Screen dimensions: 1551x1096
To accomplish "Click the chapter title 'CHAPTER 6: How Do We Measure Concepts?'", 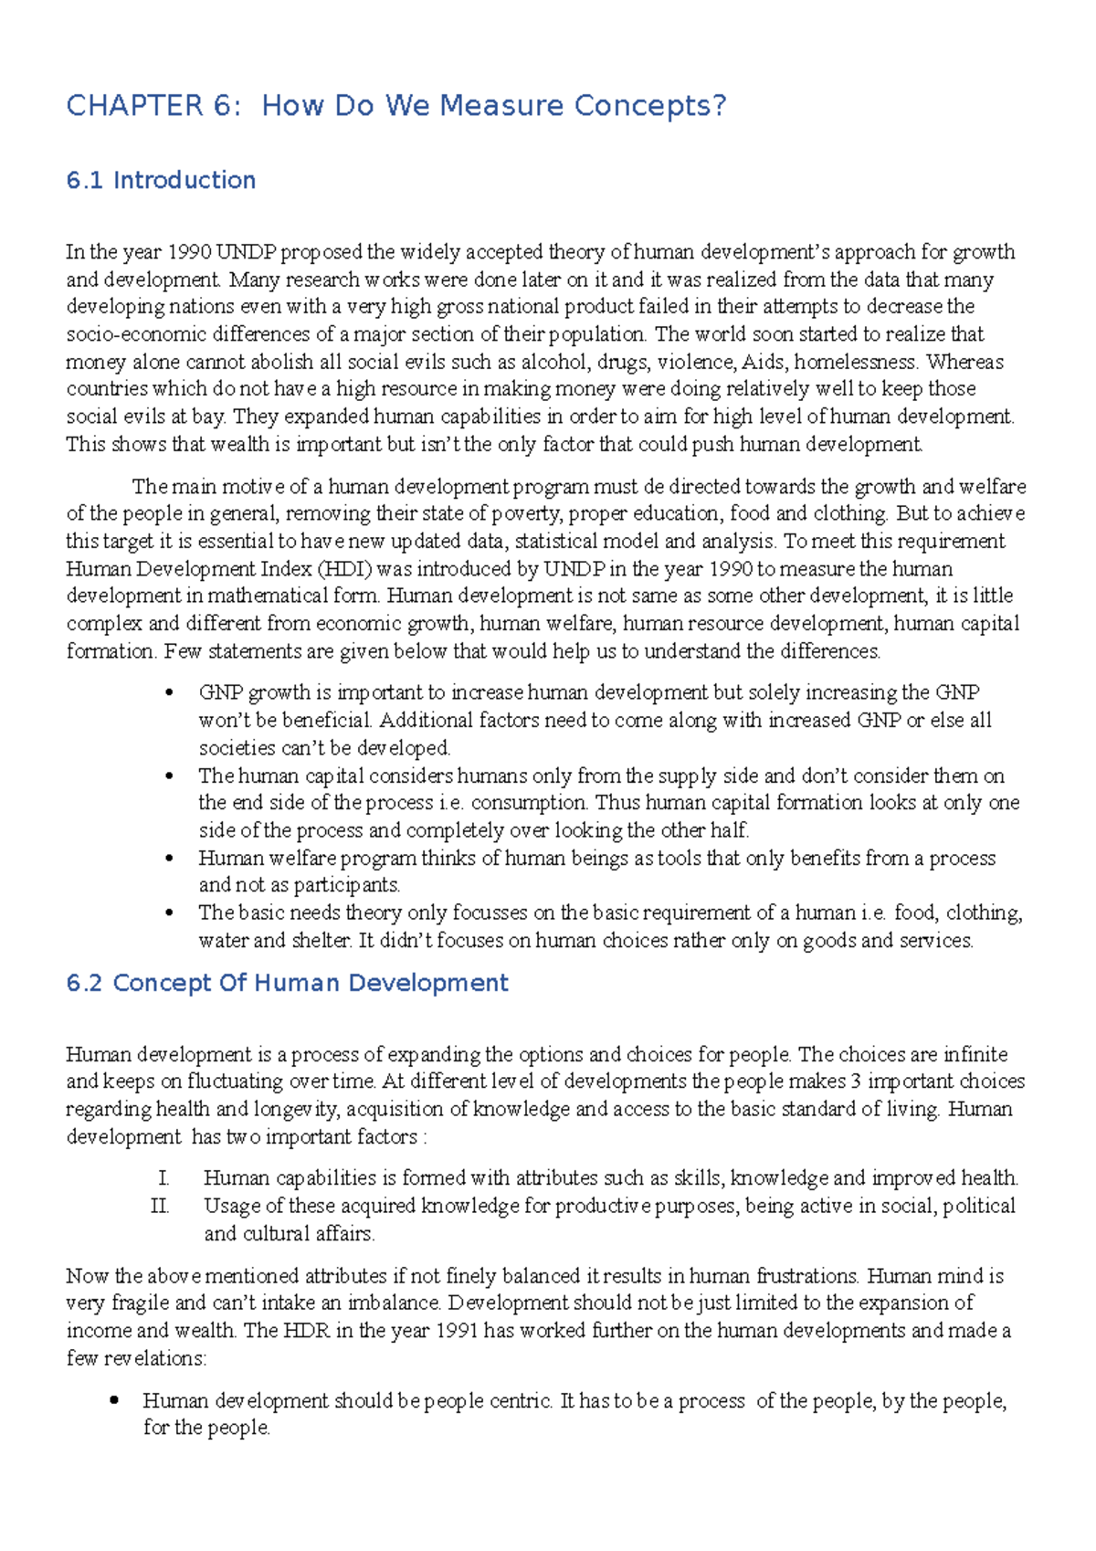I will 396,106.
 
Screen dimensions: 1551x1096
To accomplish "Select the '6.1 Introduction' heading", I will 161,180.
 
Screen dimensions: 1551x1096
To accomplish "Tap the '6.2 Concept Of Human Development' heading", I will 287,983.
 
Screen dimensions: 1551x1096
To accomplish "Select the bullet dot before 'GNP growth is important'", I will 169,693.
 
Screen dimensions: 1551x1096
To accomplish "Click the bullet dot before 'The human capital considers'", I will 169,776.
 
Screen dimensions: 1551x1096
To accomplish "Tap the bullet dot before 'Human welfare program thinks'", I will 169,859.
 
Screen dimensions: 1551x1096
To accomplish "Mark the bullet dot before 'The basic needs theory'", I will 169,913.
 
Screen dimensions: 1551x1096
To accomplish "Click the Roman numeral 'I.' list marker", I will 163,1178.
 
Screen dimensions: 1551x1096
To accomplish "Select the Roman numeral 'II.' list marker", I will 160,1207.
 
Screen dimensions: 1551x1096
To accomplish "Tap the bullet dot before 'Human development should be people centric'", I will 114,1400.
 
